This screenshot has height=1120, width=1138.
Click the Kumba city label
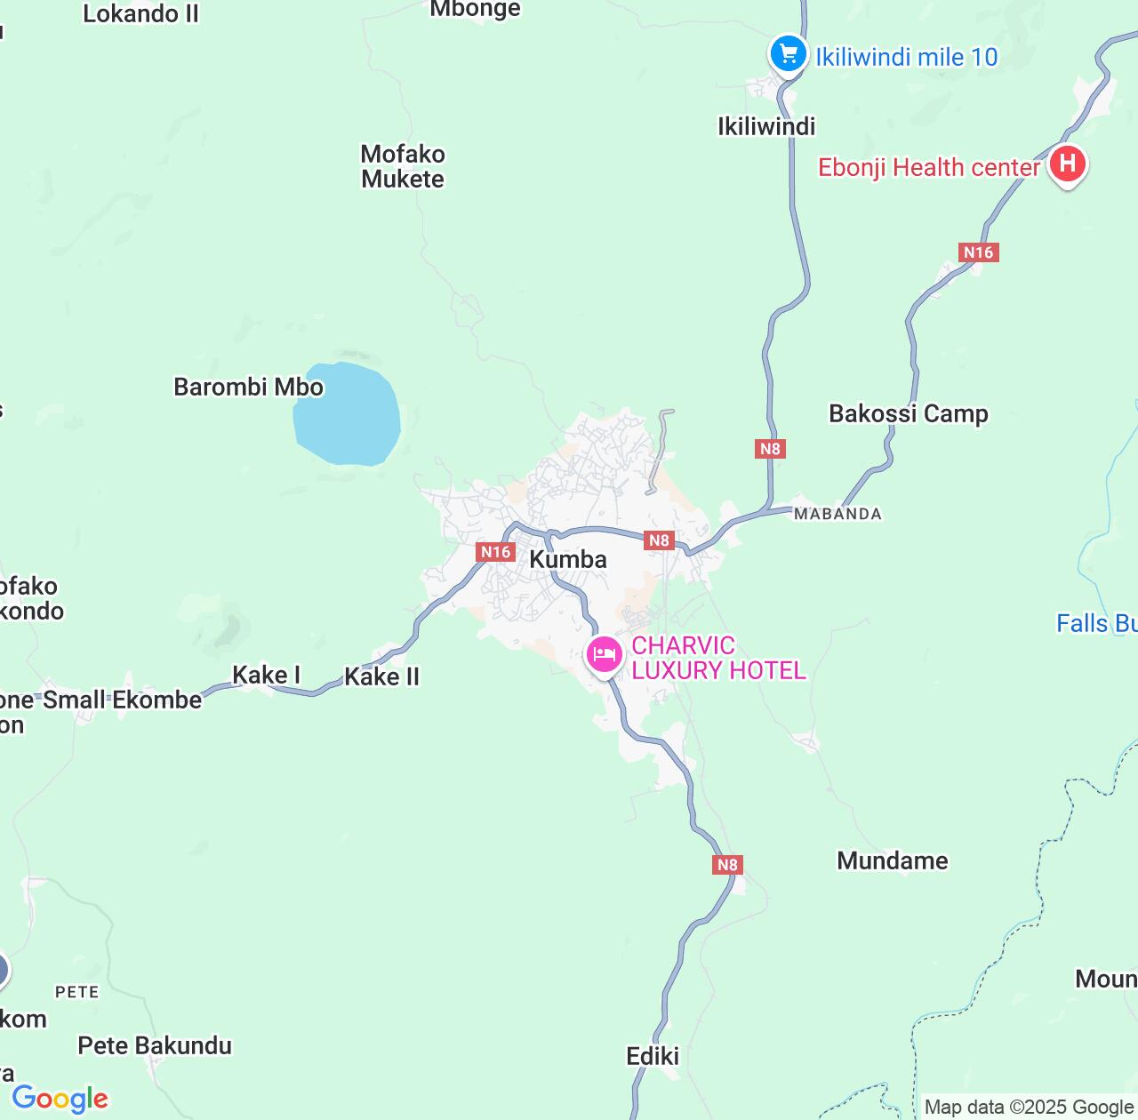(568, 559)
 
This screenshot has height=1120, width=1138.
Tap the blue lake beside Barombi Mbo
(346, 413)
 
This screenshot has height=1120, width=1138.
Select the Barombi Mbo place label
(248, 388)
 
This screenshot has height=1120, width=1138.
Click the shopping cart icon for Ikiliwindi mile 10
(787, 54)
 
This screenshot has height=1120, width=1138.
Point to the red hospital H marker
(1067, 164)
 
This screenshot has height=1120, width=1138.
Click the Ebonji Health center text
(928, 167)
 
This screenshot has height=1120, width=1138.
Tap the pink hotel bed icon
(604, 656)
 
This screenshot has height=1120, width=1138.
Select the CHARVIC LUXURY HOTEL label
(718, 658)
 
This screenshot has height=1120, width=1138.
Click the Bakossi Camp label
(908, 413)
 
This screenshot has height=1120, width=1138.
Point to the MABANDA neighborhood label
(837, 514)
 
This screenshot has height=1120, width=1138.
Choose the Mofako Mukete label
(403, 166)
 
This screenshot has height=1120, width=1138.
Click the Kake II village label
(381, 676)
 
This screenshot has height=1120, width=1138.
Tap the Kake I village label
(266, 675)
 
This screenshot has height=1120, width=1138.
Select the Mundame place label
(892, 860)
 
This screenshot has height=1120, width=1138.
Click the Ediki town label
(653, 1056)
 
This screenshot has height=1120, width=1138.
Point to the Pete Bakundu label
(155, 1045)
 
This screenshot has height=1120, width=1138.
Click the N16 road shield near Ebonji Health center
(979, 252)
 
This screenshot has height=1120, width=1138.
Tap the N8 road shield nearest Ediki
(727, 864)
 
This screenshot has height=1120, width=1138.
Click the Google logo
(60, 1099)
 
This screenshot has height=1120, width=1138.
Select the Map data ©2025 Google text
(1029, 1107)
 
